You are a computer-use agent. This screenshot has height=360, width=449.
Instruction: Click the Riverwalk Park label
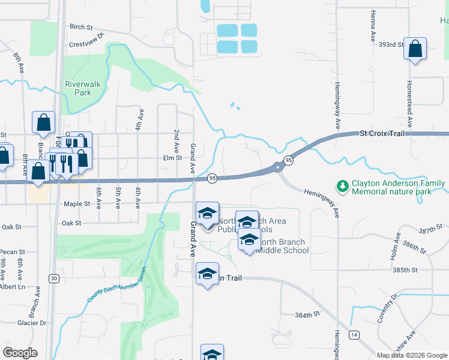pyautogui.click(x=82, y=89)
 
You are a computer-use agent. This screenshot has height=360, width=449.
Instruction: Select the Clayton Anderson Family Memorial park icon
pyautogui.click(x=343, y=187)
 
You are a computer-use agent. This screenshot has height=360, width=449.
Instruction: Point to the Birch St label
pyautogui.click(x=82, y=27)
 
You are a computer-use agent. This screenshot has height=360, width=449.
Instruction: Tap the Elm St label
pyautogui.click(x=172, y=158)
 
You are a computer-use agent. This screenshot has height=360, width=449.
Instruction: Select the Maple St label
pyautogui.click(x=76, y=204)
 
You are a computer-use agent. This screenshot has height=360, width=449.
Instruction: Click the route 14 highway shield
pyautogui.click(x=355, y=334)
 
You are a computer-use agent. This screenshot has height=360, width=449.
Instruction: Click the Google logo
pyautogui.click(x=20, y=353)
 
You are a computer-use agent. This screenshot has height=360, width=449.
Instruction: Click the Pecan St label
pyautogui.click(x=12, y=252)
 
